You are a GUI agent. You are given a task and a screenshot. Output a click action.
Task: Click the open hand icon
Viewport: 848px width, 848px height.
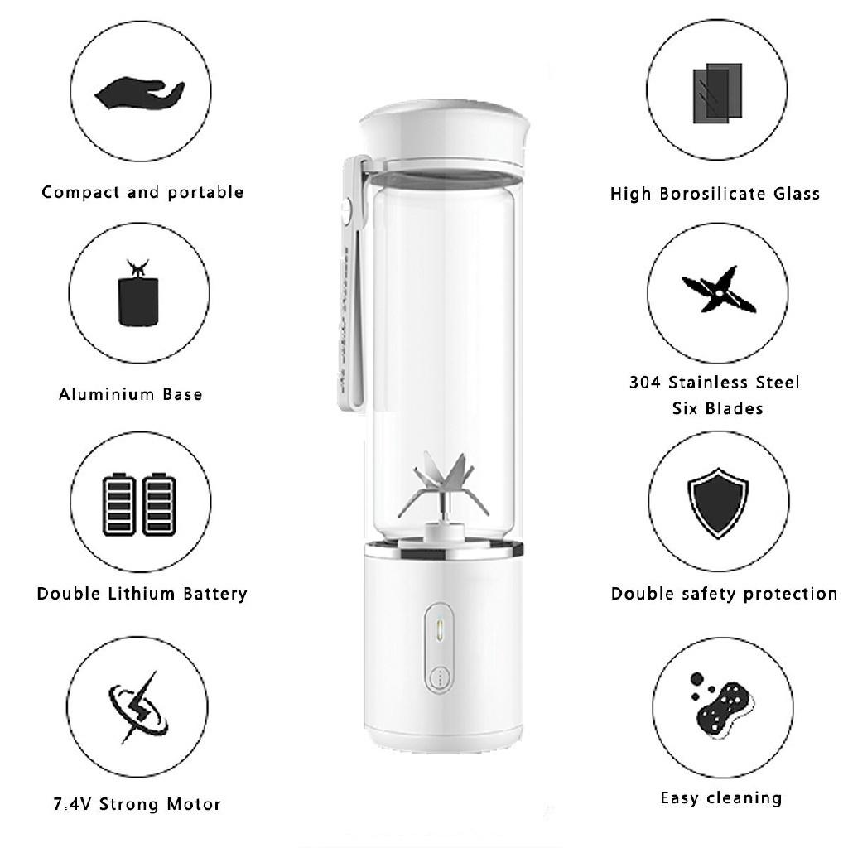click(x=139, y=94)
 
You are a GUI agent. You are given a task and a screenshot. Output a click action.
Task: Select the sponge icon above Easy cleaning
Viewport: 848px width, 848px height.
click(x=726, y=705)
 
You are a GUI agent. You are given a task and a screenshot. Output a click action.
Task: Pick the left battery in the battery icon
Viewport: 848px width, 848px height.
click(x=118, y=504)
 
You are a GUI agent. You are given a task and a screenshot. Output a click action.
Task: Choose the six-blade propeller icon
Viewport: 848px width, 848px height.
click(x=718, y=291)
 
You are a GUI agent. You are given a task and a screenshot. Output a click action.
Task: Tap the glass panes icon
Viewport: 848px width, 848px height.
click(x=716, y=93)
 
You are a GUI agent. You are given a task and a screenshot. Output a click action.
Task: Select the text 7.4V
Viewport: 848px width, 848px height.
click(x=72, y=804)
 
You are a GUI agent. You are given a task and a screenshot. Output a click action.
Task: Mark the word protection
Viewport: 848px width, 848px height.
click(x=791, y=594)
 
